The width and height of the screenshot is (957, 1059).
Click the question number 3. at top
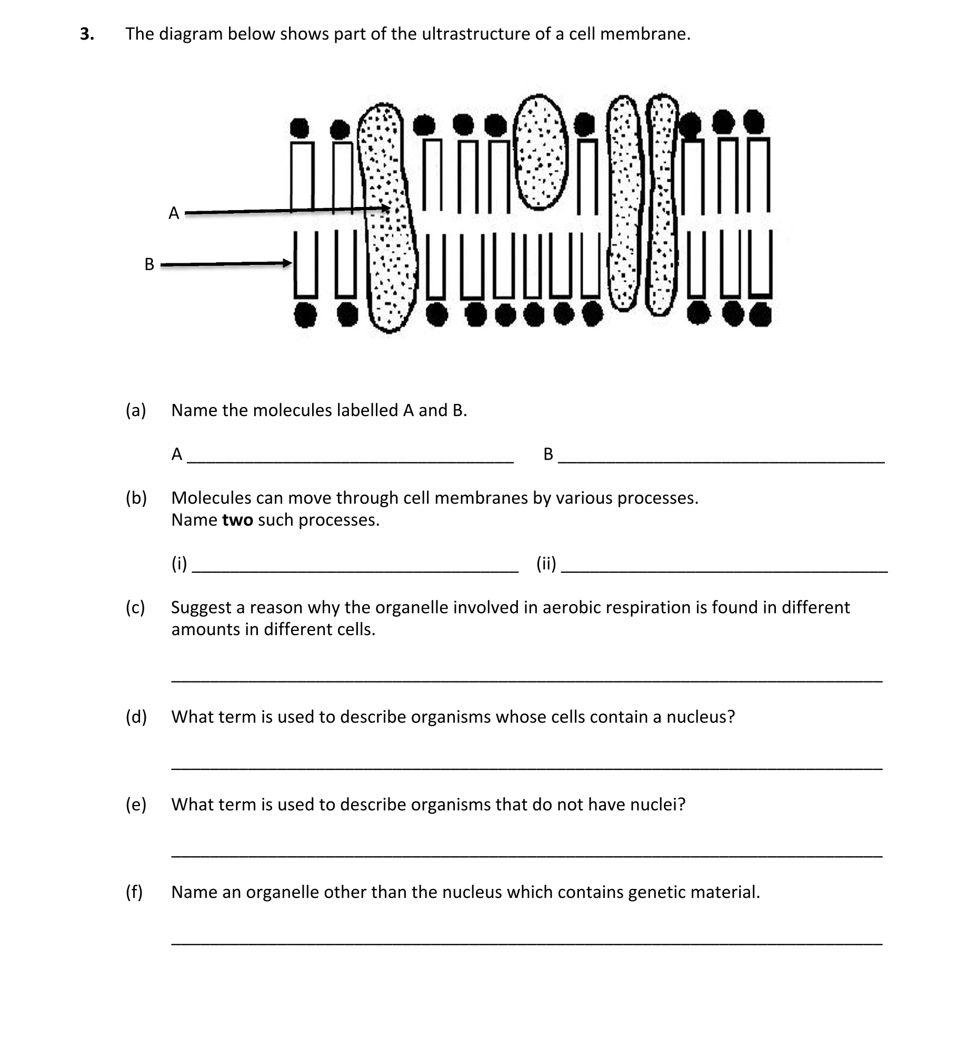pos(87,34)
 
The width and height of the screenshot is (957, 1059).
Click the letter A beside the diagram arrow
pos(174,213)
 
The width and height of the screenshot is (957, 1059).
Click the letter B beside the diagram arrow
pos(149,264)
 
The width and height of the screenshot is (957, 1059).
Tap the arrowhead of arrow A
pos(386,209)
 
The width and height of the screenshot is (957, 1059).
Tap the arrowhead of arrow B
pos(287,263)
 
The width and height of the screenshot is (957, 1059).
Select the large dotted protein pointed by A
pos(388,221)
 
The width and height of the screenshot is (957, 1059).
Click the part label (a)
pos(136,410)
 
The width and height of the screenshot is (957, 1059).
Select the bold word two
pos(237,520)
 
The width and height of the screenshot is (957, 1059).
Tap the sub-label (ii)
pos(546,563)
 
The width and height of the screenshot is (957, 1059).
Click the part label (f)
pos(134,892)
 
